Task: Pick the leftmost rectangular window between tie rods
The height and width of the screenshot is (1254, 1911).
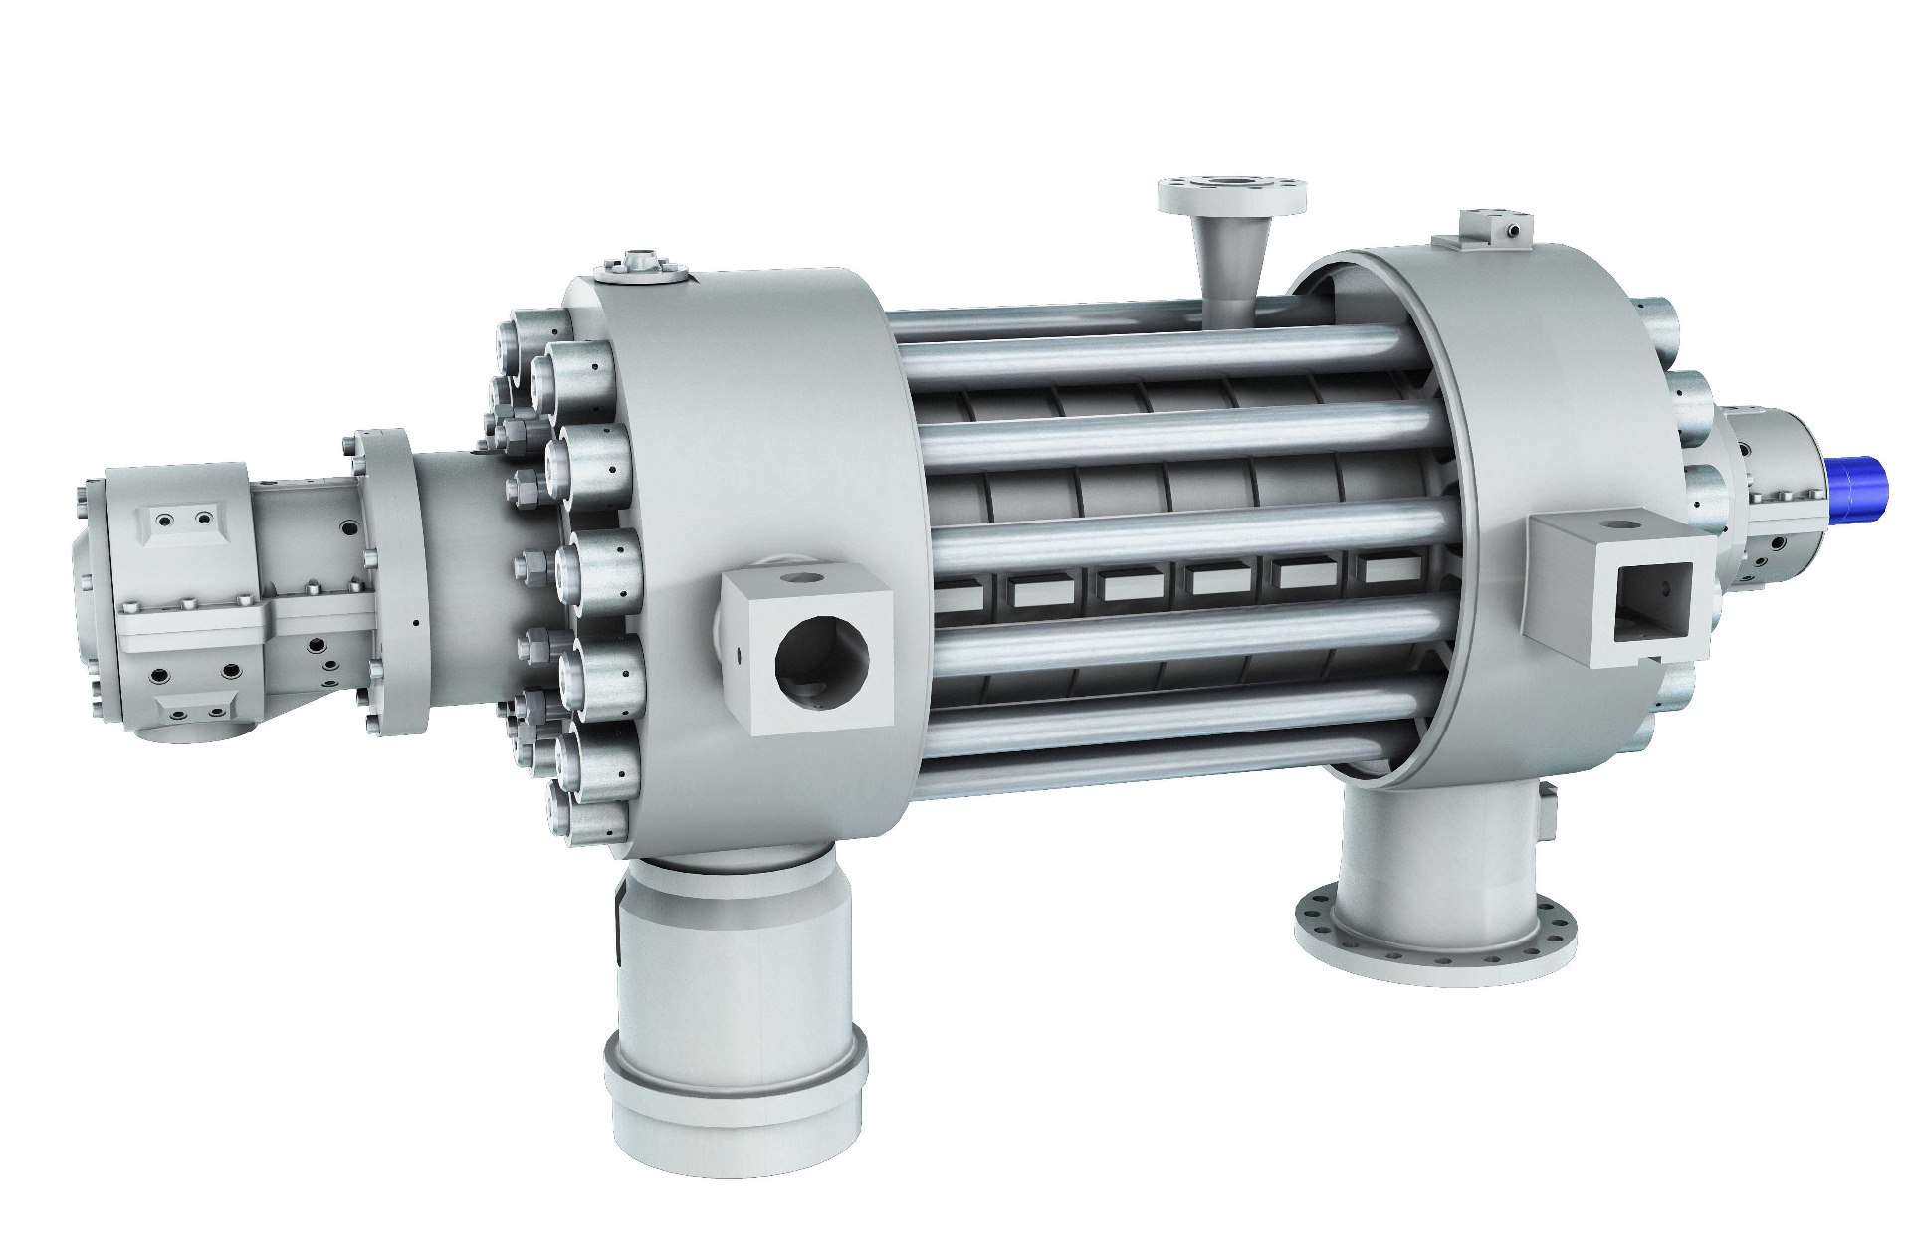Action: coord(957,593)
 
